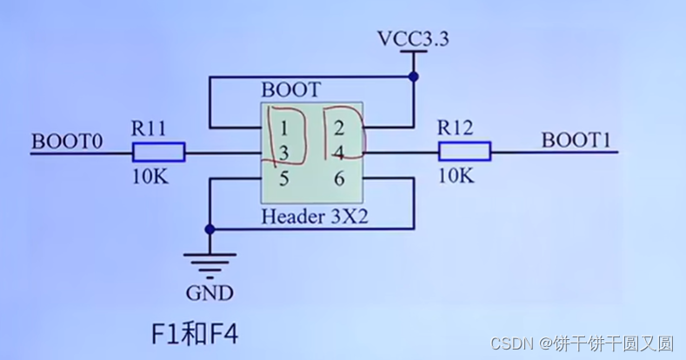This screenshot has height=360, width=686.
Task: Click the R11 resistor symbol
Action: (158, 153)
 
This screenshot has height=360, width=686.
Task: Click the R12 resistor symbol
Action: (464, 153)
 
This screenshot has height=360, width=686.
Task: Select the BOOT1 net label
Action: (575, 140)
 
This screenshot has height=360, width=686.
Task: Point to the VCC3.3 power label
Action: (413, 39)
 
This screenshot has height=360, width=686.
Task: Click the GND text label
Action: (209, 293)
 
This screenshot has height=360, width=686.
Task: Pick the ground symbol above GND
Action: (209, 262)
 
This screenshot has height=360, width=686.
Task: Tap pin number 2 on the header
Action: (339, 129)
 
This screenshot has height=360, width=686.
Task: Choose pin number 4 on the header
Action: (339, 154)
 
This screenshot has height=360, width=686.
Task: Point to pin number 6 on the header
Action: (339, 180)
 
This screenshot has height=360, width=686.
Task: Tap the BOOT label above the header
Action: (290, 90)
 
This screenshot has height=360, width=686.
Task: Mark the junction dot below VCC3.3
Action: (414, 77)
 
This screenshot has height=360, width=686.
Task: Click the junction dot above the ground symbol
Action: (209, 230)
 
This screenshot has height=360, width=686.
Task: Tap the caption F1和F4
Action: (194, 333)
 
